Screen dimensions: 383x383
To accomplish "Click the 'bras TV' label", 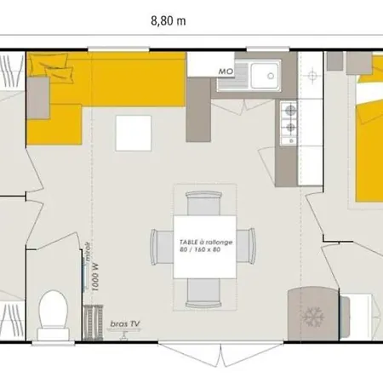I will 124,324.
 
